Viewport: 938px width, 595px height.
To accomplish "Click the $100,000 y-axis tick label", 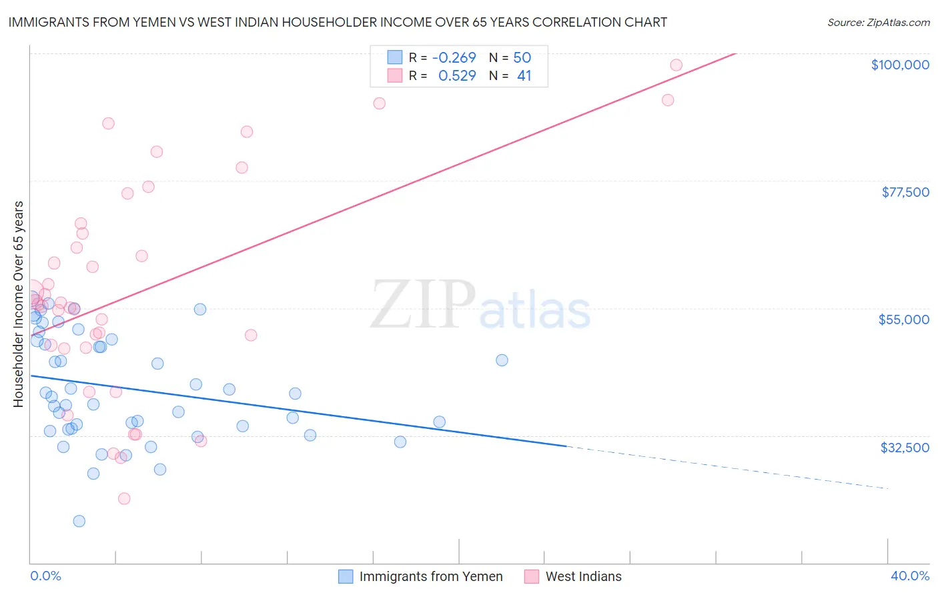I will click(x=900, y=65).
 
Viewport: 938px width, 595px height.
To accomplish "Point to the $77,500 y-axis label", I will click(x=905, y=192).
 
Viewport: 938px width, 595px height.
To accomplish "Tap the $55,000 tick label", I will click(x=904, y=320).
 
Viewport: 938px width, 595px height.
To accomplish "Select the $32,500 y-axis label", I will click(x=905, y=448).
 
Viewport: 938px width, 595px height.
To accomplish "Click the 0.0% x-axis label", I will click(x=45, y=576).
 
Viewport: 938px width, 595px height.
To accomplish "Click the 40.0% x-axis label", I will click(x=910, y=576).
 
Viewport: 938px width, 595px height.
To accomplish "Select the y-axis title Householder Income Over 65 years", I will click(x=18, y=304).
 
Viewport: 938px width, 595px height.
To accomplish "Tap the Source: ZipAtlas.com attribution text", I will click(x=878, y=23).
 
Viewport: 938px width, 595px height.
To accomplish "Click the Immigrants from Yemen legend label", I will click(x=431, y=576).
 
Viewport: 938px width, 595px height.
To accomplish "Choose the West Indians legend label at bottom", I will click(x=583, y=576).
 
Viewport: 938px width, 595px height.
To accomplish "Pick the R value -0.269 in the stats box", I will click(x=454, y=57).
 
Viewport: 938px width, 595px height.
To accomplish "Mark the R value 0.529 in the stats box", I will click(x=457, y=76).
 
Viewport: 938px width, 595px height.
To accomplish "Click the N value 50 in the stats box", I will click(x=522, y=57).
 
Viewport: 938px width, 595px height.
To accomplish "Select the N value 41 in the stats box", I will click(x=524, y=76).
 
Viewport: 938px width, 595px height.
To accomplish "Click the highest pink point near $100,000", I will click(x=676, y=65).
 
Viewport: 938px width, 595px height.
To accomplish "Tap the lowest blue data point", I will click(x=79, y=521).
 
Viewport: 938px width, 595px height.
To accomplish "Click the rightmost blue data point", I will click(x=502, y=360).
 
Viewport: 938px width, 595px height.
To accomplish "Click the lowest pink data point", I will click(x=123, y=498).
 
